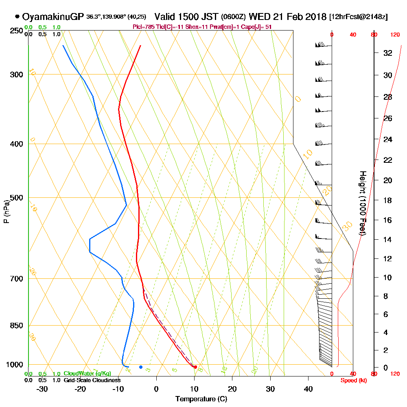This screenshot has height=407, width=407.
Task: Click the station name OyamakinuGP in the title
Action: pos(53,17)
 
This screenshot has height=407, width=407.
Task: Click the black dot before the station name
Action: pos(17,17)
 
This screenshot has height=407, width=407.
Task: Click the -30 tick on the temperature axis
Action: pos(42,389)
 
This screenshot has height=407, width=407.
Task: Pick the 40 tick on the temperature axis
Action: pos(308,389)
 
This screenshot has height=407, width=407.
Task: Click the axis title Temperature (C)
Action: pos(201,399)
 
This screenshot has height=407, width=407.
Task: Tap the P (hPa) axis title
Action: pos(6,212)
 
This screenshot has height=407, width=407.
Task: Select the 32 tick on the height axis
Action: pos(387,53)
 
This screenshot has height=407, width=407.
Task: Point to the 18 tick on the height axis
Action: pos(387,200)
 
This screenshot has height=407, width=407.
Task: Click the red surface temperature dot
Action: pos(195,367)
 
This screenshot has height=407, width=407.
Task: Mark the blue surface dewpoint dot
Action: pos(141,367)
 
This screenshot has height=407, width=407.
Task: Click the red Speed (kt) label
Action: pos(352,381)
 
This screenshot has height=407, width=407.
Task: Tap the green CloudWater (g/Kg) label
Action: pos(87,374)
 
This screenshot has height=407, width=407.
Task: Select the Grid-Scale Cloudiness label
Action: pos(92,380)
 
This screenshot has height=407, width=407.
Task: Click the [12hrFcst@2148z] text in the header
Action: pos(359,17)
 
